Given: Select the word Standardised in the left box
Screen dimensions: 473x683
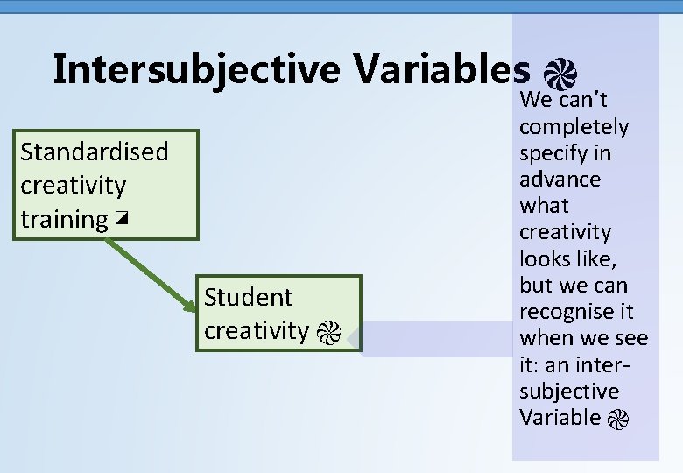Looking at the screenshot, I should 94,152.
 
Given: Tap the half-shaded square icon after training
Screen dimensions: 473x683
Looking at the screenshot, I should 121,220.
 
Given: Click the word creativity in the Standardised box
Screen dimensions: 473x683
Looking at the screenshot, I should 73,186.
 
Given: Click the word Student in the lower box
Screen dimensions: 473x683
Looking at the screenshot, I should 248,297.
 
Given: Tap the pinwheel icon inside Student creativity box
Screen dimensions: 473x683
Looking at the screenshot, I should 328,332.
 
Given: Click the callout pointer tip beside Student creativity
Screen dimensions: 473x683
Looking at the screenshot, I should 350,338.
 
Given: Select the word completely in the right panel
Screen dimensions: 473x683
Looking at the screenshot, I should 574,127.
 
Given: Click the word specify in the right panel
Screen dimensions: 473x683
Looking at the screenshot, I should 553,153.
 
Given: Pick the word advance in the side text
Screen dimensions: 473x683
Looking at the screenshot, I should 560,180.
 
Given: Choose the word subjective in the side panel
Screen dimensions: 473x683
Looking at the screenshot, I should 568,391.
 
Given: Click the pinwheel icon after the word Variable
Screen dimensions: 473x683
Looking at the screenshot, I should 617,419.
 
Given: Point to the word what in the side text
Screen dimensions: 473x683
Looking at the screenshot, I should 544,206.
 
